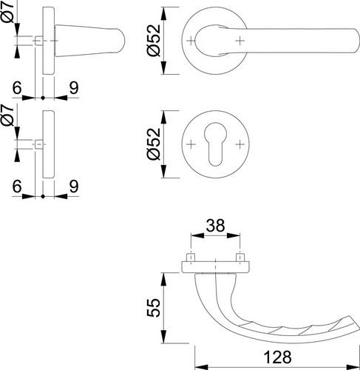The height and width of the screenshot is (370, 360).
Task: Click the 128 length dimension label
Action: pos(277,357)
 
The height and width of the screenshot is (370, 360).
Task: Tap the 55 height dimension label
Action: pos(154,308)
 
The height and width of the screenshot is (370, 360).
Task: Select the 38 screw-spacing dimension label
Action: pos(215,226)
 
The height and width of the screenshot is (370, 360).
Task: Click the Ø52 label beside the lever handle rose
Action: pos(154,41)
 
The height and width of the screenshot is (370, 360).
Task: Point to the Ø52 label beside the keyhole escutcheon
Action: pos(154,144)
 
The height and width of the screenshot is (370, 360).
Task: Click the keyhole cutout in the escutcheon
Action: pos(215,144)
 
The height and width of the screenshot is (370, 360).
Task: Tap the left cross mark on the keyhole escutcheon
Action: pos(191,144)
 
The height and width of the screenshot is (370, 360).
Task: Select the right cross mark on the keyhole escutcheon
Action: pos(240,144)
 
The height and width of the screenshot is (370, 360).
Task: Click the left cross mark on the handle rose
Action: pos(191,41)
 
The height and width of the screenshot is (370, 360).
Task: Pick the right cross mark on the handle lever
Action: pos(240,41)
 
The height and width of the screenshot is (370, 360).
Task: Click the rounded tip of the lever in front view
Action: pos(357,41)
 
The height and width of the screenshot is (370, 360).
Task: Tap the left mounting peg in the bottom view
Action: pos(191,258)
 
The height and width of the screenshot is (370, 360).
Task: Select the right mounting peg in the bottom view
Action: pos(240,258)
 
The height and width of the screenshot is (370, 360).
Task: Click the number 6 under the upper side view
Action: pos(17,87)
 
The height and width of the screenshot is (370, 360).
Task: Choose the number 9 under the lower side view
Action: pos(74,186)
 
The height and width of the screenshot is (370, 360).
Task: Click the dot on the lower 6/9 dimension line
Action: pos(43,196)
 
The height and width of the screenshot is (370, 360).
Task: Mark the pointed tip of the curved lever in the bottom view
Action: pos(357,323)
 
